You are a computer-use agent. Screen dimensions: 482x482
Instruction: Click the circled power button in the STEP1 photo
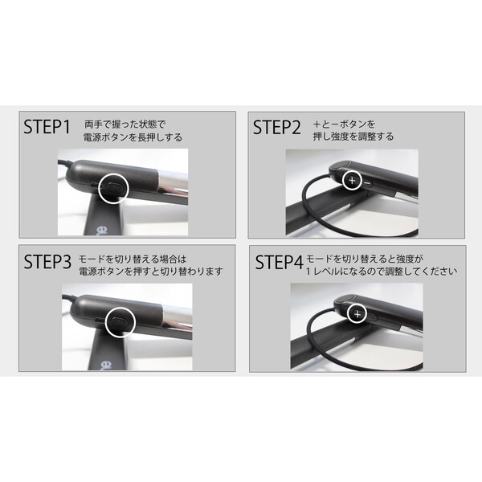pos(112,186)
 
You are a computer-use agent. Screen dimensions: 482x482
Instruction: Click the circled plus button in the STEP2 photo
pos(352,180)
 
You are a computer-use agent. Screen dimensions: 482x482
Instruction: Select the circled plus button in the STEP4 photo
pos(356,312)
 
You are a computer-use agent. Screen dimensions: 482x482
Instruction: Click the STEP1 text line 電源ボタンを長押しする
pos(133,137)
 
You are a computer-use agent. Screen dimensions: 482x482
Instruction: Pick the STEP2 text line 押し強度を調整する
pos(354,137)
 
